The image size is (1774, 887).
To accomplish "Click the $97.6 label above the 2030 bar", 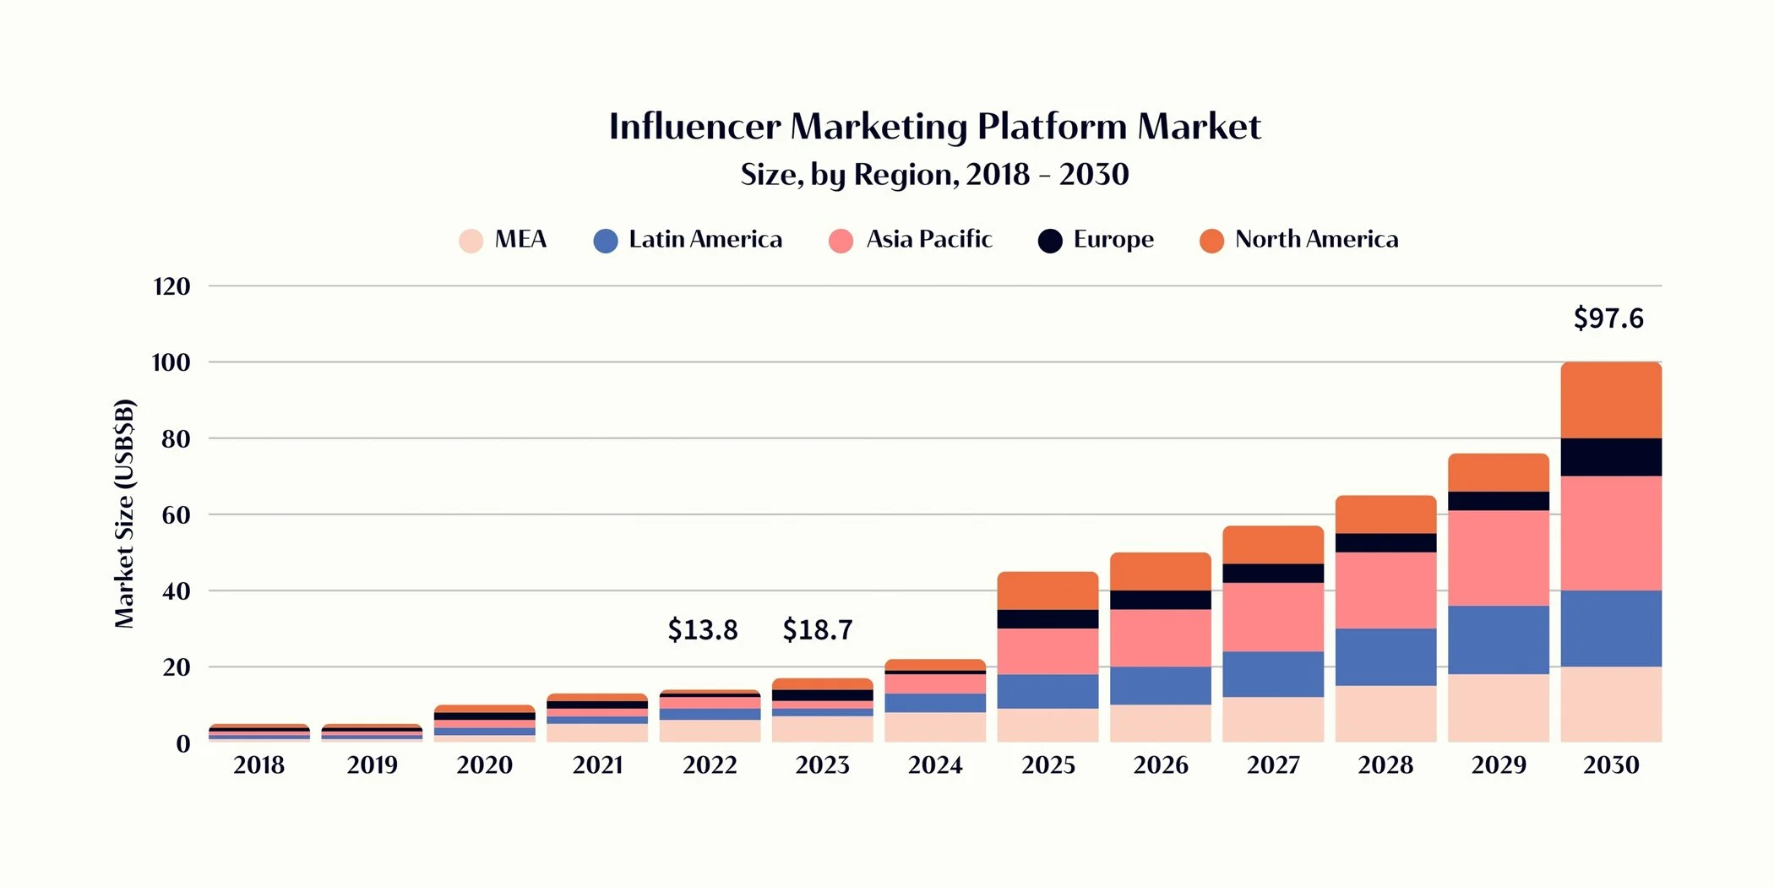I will coord(1608,318).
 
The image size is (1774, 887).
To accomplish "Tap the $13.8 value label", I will coord(702,629).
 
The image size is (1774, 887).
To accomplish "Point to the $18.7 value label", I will coord(817,629).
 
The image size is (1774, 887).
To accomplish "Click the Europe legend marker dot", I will coord(1050,241).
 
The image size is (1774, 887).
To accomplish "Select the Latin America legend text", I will coord(705,239).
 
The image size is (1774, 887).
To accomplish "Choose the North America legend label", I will coord(1316,239).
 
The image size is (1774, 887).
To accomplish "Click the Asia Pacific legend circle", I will coord(841,241).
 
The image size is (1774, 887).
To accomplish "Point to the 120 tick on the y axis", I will coord(171,286).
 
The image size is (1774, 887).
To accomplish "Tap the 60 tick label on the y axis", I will coord(176,515).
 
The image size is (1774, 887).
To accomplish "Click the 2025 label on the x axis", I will coord(1048,765).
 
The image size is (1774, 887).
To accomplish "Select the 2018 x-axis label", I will coord(258,765).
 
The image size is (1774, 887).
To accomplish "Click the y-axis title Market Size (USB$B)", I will coord(124,514).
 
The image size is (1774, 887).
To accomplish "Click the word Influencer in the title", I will coord(694,127).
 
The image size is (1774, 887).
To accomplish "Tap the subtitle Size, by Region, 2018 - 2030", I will coord(934,175).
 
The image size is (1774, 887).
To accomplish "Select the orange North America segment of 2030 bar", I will coord(1610,400).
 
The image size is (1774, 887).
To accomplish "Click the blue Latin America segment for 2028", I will coord(1385,656).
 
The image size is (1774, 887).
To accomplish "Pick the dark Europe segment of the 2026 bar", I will coord(1160,600).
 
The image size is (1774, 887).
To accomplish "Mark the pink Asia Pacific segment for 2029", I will coord(1498,558).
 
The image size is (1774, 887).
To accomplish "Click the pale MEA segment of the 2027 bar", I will coord(1273,719).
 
